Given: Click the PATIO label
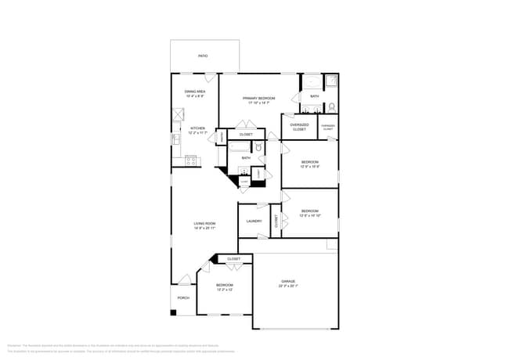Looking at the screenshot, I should tap(203, 56).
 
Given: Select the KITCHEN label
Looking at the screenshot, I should tap(196, 130).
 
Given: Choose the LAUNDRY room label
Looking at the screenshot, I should tap(254, 221).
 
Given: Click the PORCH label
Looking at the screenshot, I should tap(183, 297).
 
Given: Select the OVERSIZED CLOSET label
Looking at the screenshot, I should tap(299, 126).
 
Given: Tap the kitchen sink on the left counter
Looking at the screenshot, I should tap(175, 139).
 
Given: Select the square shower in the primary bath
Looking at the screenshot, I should tap(330, 81).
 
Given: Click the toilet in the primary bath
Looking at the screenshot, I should tap(332, 106).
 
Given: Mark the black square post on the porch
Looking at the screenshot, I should tap(174, 313).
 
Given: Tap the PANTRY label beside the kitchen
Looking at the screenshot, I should tap(222, 138).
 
